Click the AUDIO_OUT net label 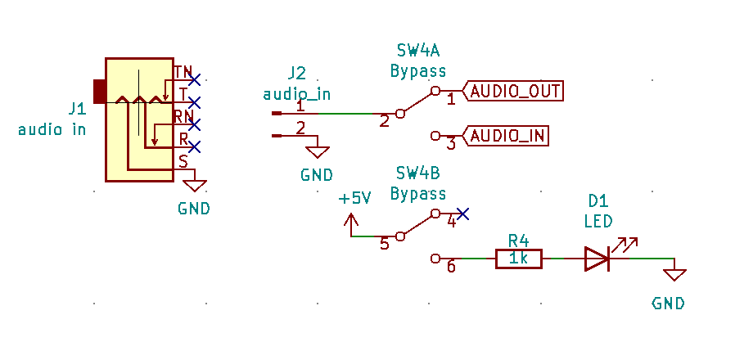click(516, 91)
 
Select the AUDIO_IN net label click(509, 135)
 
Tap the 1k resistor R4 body click(518, 259)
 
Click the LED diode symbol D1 click(597, 259)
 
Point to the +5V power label click(355, 199)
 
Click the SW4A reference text click(417, 51)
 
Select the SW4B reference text click(417, 174)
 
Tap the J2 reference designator click(296, 73)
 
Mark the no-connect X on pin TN click(194, 80)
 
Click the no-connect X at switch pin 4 click(462, 214)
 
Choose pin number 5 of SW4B click(384, 244)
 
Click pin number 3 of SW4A click(450, 144)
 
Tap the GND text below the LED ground click(668, 304)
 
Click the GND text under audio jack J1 click(194, 209)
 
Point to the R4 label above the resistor click(518, 241)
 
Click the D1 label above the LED click(597, 201)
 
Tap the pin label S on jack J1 click(183, 161)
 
